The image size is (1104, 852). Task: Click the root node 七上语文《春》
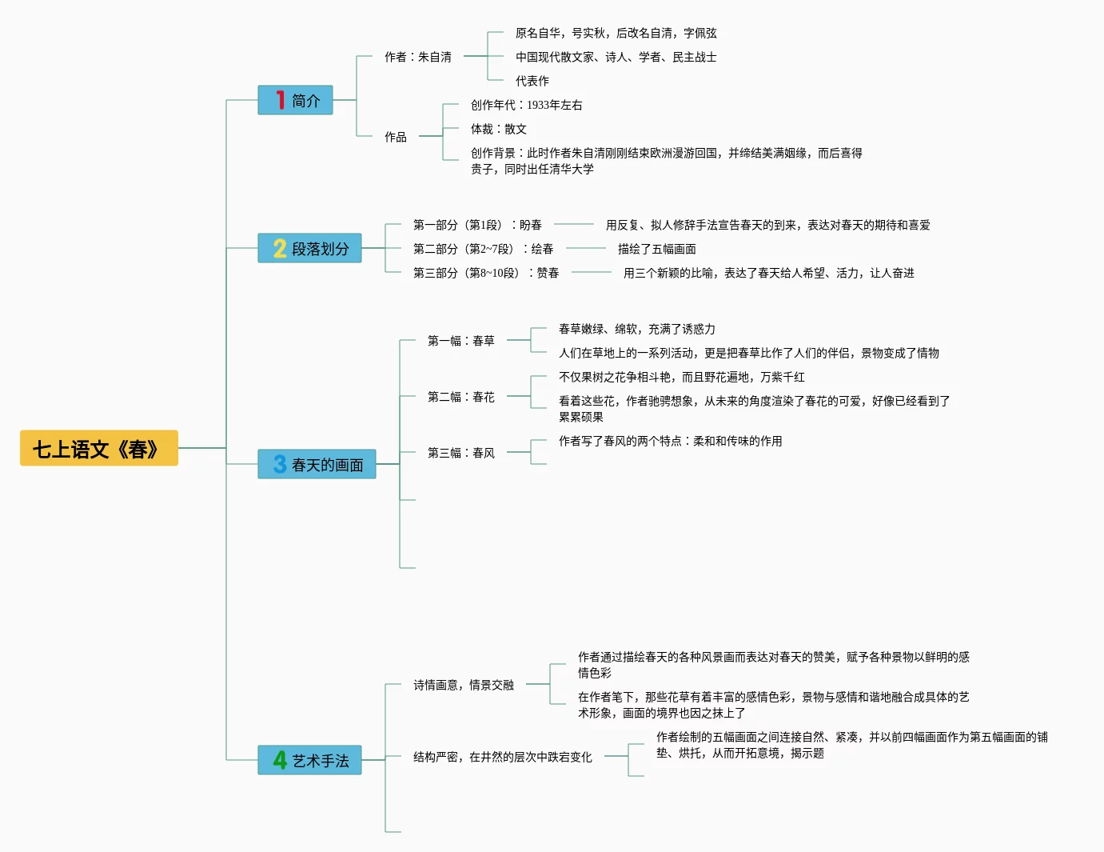(x=98, y=448)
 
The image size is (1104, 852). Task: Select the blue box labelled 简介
(x=295, y=100)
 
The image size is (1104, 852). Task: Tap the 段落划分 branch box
(x=309, y=248)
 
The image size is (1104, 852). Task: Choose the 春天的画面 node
(x=317, y=464)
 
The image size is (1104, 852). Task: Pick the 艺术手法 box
(x=309, y=760)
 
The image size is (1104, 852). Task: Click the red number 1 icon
(x=280, y=100)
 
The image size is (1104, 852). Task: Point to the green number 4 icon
(x=280, y=760)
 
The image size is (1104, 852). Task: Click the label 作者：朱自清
(x=417, y=57)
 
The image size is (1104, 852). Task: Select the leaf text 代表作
(x=532, y=81)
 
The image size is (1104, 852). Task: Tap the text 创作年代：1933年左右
(x=526, y=105)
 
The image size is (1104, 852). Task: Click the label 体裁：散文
(x=498, y=129)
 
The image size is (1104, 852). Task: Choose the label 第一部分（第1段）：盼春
(x=477, y=225)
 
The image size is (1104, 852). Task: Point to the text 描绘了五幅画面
(x=656, y=249)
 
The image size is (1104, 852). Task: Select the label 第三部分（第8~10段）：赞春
(x=485, y=273)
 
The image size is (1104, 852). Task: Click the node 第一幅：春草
(x=460, y=341)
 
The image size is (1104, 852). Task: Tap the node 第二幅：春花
(x=460, y=397)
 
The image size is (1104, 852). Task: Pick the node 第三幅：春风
(x=460, y=453)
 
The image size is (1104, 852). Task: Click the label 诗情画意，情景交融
(x=463, y=685)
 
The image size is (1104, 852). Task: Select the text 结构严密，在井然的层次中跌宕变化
(x=502, y=757)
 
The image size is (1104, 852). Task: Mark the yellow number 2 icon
(x=280, y=248)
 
